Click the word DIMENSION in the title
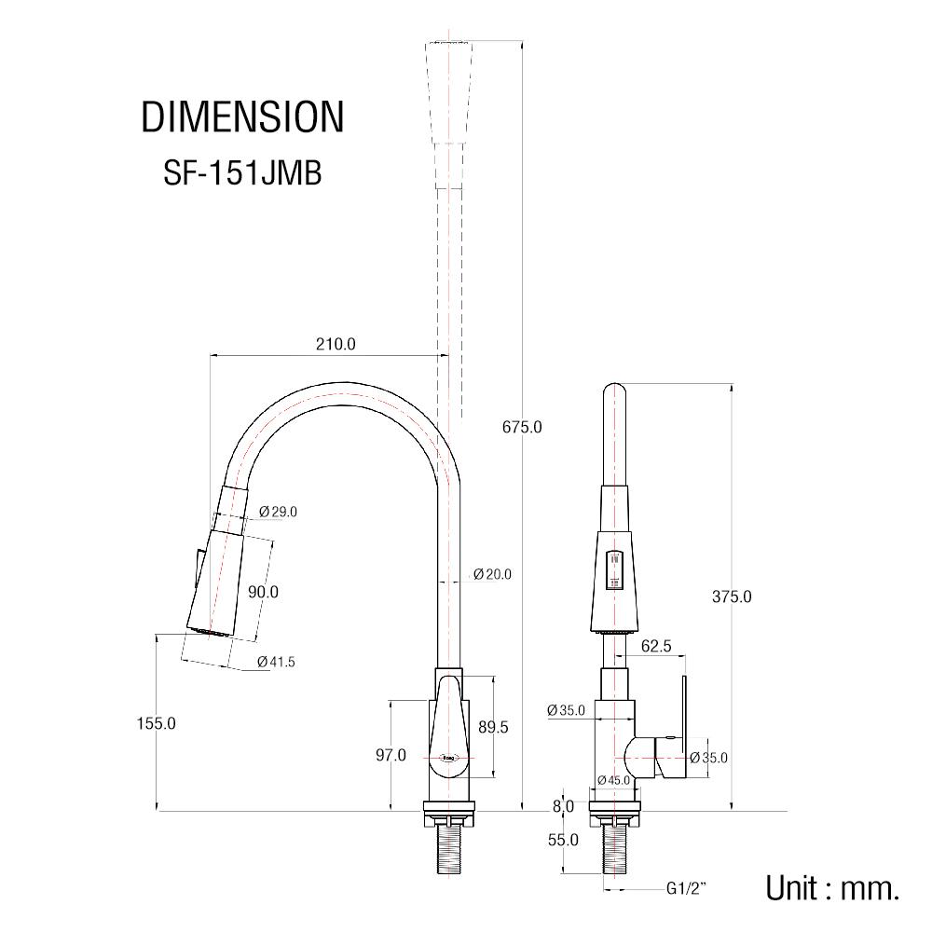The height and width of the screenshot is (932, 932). point(242,117)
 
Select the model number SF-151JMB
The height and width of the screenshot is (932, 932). point(242,172)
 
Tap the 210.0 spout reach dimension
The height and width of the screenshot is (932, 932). point(336,344)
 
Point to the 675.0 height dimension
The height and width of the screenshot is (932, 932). point(522,427)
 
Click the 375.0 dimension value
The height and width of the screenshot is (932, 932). point(732,596)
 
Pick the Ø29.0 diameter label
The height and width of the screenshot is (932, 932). point(278,511)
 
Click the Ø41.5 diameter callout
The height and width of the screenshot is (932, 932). point(276,662)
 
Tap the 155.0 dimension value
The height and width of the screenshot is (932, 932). point(156,722)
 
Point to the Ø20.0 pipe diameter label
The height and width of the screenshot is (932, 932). point(492,574)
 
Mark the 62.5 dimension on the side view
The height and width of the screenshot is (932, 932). point(656,645)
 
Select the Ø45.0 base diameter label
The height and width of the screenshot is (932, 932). point(613,780)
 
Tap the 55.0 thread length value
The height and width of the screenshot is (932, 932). point(563,840)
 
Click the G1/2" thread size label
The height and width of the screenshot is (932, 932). point(686,888)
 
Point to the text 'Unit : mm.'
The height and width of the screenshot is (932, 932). point(832,887)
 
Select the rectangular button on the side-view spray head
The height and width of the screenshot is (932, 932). point(614,570)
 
